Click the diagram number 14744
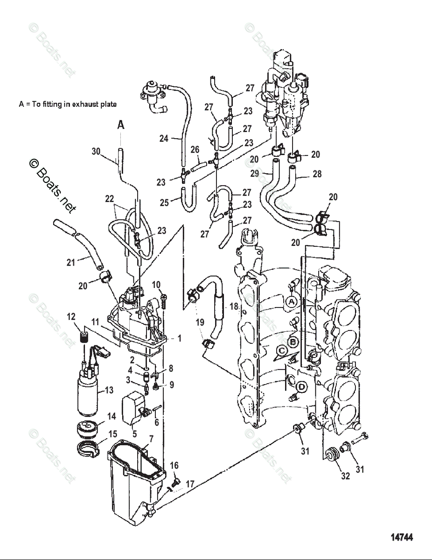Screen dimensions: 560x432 (402, 537)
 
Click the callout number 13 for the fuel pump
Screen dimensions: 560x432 (109, 390)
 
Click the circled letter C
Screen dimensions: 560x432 (281, 351)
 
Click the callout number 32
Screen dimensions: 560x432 (345, 476)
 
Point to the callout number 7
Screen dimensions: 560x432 (151, 439)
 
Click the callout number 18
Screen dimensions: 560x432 (234, 307)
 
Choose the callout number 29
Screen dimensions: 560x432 (255, 174)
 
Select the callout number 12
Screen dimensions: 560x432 (71, 317)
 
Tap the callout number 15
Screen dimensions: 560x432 (112, 434)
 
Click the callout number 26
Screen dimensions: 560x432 (195, 150)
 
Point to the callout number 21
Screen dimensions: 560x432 (70, 263)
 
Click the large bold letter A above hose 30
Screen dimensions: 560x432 (120, 125)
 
